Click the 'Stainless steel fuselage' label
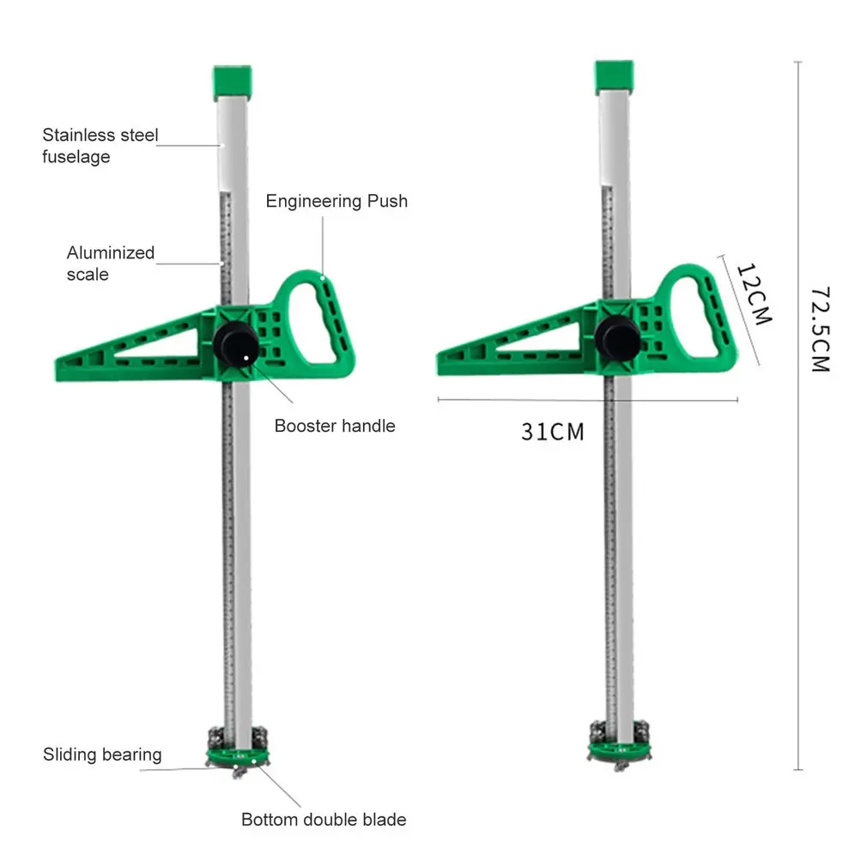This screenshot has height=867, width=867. (100, 145)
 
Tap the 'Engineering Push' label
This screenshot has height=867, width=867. (336, 201)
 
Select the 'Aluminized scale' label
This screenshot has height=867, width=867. (111, 264)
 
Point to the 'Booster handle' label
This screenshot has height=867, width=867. (335, 426)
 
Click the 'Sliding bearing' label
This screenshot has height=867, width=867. (102, 755)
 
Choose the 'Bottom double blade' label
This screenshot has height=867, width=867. (324, 820)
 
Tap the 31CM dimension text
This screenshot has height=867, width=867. (552, 432)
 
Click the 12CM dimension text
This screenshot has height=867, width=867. (754, 294)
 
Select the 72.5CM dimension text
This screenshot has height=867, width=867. (821, 330)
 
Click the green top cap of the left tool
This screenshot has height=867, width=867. (233, 82)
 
